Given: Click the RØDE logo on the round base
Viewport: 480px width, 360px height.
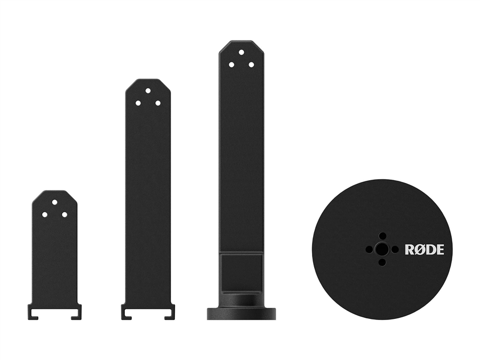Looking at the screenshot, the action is click(425, 250).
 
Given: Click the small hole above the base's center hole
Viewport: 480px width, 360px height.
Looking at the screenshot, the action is click(382, 236).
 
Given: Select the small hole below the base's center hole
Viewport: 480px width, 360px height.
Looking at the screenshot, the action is click(382, 262).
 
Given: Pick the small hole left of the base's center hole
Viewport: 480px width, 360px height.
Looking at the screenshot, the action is click(369, 250).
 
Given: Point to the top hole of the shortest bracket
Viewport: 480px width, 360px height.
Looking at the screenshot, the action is click(55, 202).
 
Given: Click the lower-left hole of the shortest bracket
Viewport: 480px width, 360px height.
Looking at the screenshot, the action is click(45, 214).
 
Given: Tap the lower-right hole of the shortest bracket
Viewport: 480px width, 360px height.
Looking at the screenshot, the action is click(65, 214).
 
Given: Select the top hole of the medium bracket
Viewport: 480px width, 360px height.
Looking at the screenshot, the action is click(148, 91).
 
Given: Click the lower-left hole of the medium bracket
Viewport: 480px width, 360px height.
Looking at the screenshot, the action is click(138, 103).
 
